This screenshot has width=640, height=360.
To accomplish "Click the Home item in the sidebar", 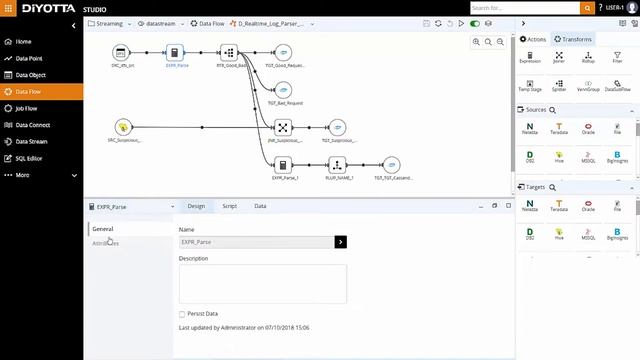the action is tap(23, 42).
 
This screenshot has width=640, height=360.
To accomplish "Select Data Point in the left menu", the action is tap(30, 58).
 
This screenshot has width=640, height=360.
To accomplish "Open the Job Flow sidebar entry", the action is tap(28, 108).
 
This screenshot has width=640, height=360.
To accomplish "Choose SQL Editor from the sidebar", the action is tap(29, 158).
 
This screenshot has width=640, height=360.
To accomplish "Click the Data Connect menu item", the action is tap(33, 125).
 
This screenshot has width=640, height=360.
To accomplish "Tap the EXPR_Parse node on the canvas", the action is tap(174, 53).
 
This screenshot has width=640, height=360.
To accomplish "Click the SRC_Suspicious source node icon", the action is tap(123, 127).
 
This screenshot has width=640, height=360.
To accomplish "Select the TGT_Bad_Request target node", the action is tap(285, 89).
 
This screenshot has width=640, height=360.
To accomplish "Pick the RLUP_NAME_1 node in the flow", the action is tap(337, 165).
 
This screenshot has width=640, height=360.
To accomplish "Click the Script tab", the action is tap(229, 206).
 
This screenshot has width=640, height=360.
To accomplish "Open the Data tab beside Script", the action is tap(260, 206).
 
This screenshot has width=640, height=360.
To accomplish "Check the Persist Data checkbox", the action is tap(182, 314).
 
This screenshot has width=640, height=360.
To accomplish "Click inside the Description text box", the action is tap(262, 283).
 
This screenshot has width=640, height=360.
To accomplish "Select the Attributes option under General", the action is tap(105, 243).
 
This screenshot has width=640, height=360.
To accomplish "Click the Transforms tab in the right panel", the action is tap(573, 39).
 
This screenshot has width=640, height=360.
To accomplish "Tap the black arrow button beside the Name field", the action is tap(341, 242).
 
